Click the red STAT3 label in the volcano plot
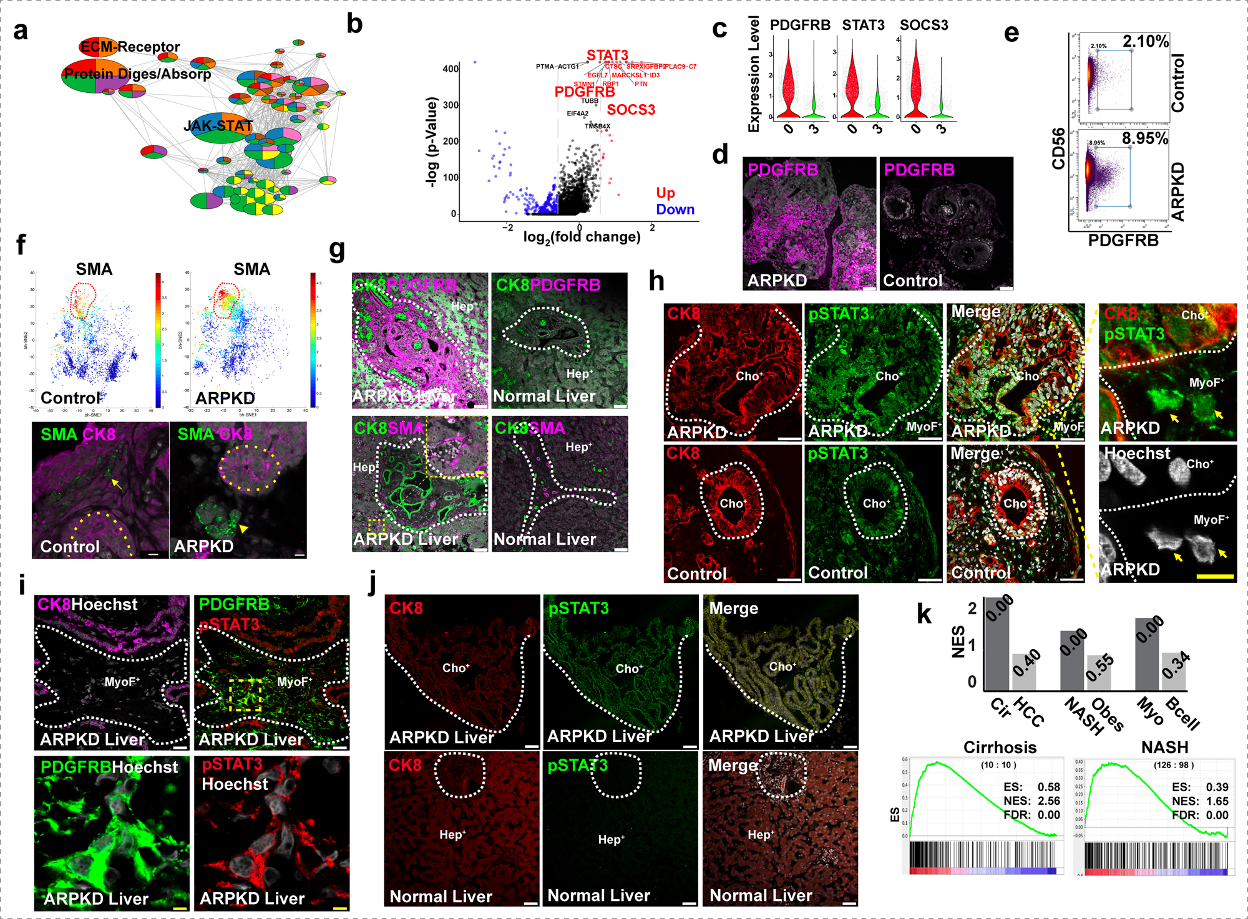(x=607, y=55)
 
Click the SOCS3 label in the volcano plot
(x=631, y=110)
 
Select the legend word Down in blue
(x=675, y=209)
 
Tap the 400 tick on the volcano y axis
(x=450, y=69)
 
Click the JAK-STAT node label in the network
(x=218, y=126)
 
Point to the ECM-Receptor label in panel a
(x=130, y=47)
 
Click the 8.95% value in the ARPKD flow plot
(x=1144, y=138)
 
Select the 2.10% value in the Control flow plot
(x=1145, y=42)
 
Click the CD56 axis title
(x=1058, y=148)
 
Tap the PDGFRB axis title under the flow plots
(x=1123, y=240)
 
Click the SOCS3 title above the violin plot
(x=924, y=25)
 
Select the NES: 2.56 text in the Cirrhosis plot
(x=1031, y=801)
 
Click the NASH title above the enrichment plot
(x=1164, y=747)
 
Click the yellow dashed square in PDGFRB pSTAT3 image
(x=245, y=695)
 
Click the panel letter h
(x=656, y=281)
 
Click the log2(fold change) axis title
(x=582, y=237)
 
